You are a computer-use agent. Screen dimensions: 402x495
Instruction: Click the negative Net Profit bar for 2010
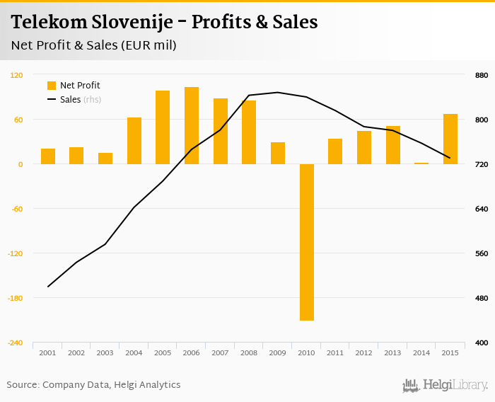[306, 242]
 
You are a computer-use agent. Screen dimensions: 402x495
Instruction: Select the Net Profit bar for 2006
[192, 126]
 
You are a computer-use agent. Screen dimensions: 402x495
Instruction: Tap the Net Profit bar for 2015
[450, 139]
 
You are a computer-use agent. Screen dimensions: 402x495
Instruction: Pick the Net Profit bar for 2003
[105, 159]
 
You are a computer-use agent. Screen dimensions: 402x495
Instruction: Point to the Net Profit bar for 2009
[278, 153]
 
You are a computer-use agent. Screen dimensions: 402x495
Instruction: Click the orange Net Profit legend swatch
[52, 86]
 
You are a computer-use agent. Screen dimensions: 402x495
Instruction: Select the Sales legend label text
[70, 100]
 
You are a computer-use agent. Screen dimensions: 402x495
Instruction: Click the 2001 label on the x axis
[47, 352]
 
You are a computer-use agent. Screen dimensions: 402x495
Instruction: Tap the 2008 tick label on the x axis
[249, 352]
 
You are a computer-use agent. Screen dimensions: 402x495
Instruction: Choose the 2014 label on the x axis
[421, 352]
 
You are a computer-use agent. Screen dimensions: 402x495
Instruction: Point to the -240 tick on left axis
[15, 343]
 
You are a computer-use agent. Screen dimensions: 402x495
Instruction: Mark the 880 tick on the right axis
[481, 75]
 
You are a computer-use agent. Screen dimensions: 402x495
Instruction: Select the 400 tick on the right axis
[481, 343]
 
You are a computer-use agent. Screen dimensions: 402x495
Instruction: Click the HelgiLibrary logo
[445, 386]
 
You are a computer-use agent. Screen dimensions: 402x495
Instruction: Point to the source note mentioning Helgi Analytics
[93, 385]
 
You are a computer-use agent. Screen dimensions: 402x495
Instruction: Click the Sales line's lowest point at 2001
[48, 287]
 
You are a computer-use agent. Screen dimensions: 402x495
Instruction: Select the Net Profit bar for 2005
[163, 127]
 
